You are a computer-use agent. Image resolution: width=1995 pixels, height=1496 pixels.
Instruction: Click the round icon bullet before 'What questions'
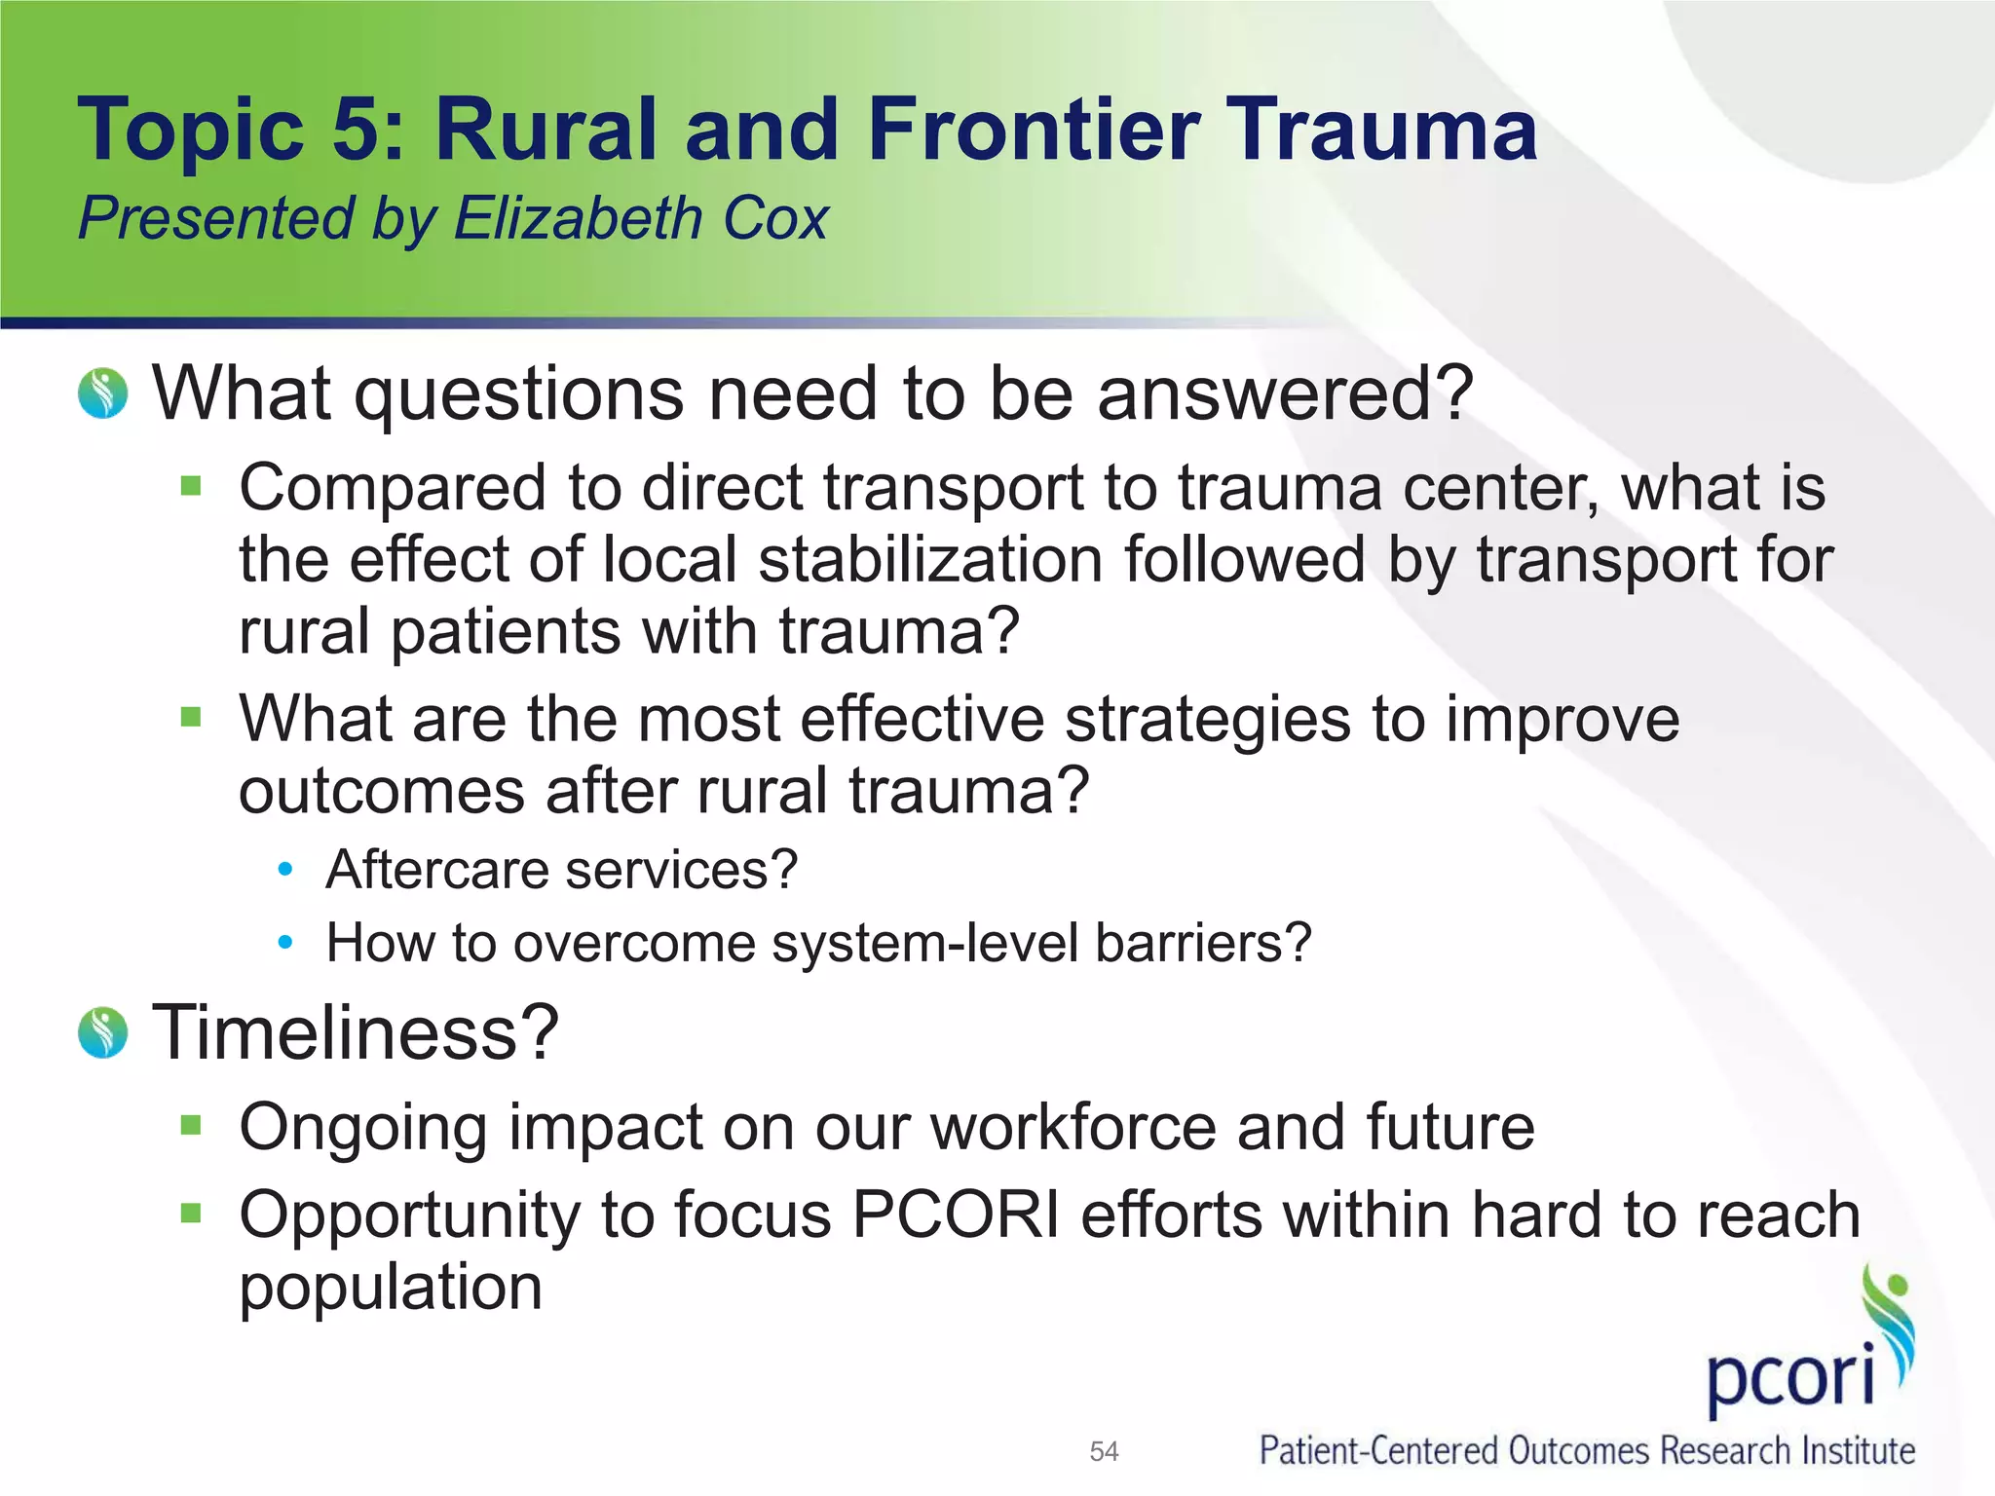tap(103, 393)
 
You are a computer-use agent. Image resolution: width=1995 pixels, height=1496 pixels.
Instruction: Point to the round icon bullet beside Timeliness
tap(103, 1032)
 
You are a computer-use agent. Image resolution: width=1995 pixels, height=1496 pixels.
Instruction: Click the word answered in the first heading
tap(1285, 393)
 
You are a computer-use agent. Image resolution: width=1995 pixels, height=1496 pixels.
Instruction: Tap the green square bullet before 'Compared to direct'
tap(191, 485)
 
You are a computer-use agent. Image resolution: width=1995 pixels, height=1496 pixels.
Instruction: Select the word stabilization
tap(930, 560)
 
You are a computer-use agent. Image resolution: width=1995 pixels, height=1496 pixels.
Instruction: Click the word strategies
tap(1208, 719)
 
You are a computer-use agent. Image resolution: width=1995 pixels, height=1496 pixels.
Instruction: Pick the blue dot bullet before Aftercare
tap(284, 870)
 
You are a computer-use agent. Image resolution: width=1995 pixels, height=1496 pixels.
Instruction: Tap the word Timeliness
tap(356, 1032)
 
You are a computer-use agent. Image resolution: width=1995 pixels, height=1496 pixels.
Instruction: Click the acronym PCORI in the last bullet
tap(956, 1215)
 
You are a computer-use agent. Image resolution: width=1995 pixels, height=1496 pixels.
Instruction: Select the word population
tap(391, 1288)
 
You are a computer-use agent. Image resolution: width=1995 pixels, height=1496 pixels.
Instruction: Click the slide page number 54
tap(1104, 1452)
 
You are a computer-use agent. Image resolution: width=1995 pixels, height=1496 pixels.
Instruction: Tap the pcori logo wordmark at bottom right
tap(1790, 1375)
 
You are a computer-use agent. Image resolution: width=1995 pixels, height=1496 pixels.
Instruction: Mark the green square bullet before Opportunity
tap(191, 1214)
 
